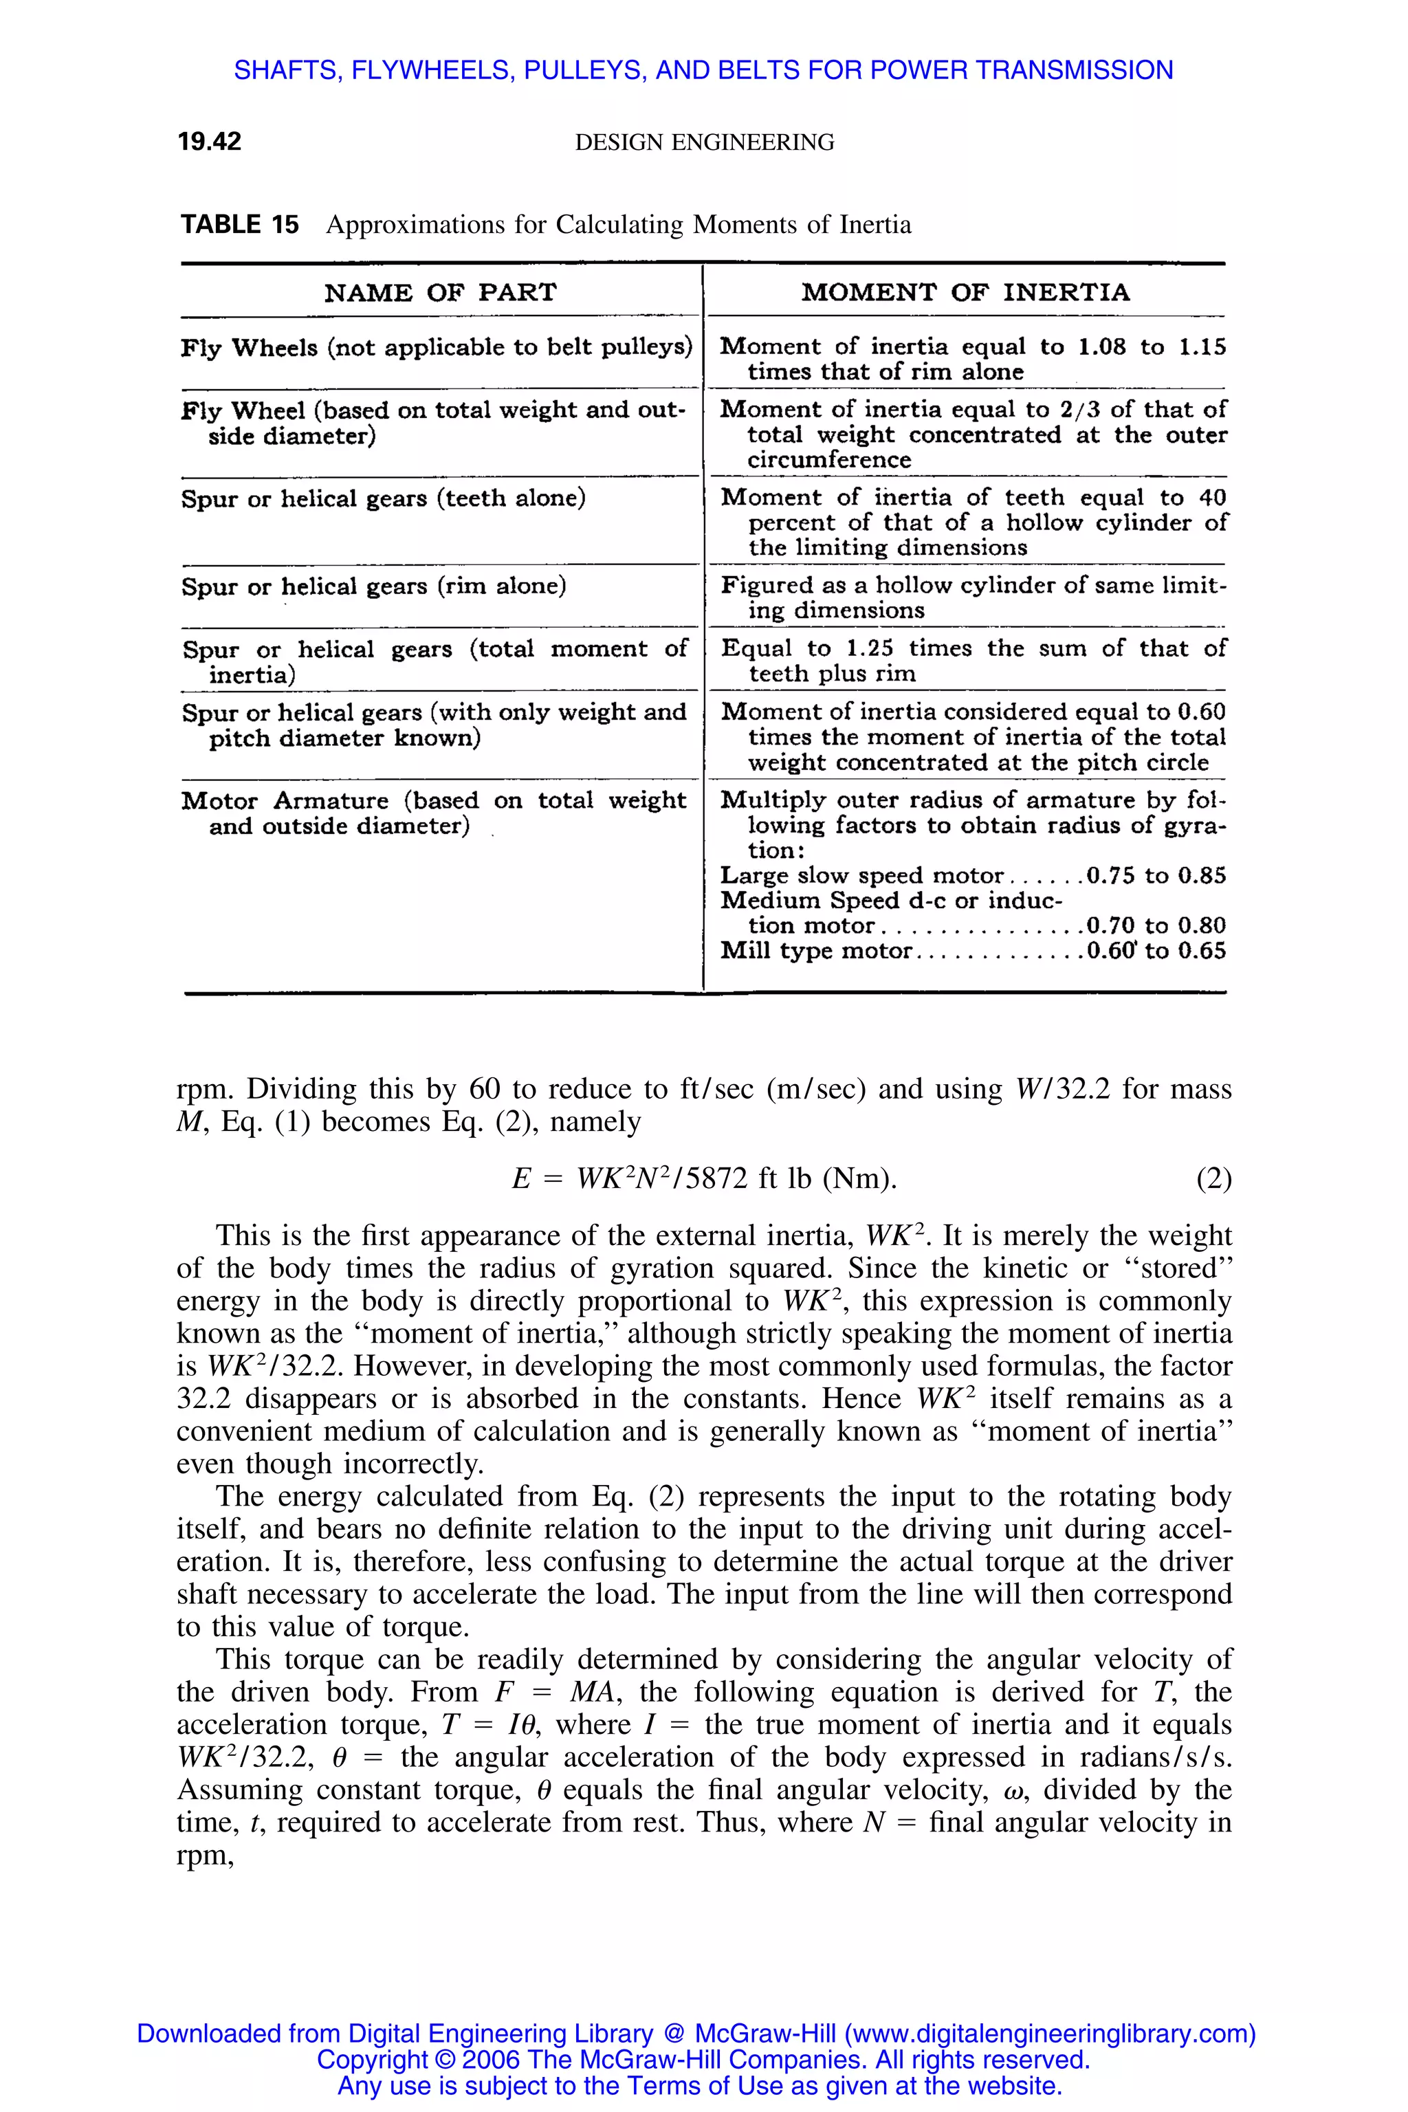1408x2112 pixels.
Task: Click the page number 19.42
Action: [x=209, y=142]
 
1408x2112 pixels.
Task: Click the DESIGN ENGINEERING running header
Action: [x=704, y=142]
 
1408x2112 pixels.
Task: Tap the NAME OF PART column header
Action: [x=440, y=293]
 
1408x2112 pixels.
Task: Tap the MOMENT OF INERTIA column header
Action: [x=965, y=293]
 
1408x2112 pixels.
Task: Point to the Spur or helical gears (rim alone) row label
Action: [x=373, y=586]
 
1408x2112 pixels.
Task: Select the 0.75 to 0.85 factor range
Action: [x=1156, y=875]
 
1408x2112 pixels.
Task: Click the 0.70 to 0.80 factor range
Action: [x=1156, y=926]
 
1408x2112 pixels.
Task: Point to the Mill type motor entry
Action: [x=816, y=951]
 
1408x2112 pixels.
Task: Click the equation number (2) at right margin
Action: [x=1213, y=1178]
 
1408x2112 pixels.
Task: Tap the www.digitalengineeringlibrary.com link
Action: [x=1050, y=2034]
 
